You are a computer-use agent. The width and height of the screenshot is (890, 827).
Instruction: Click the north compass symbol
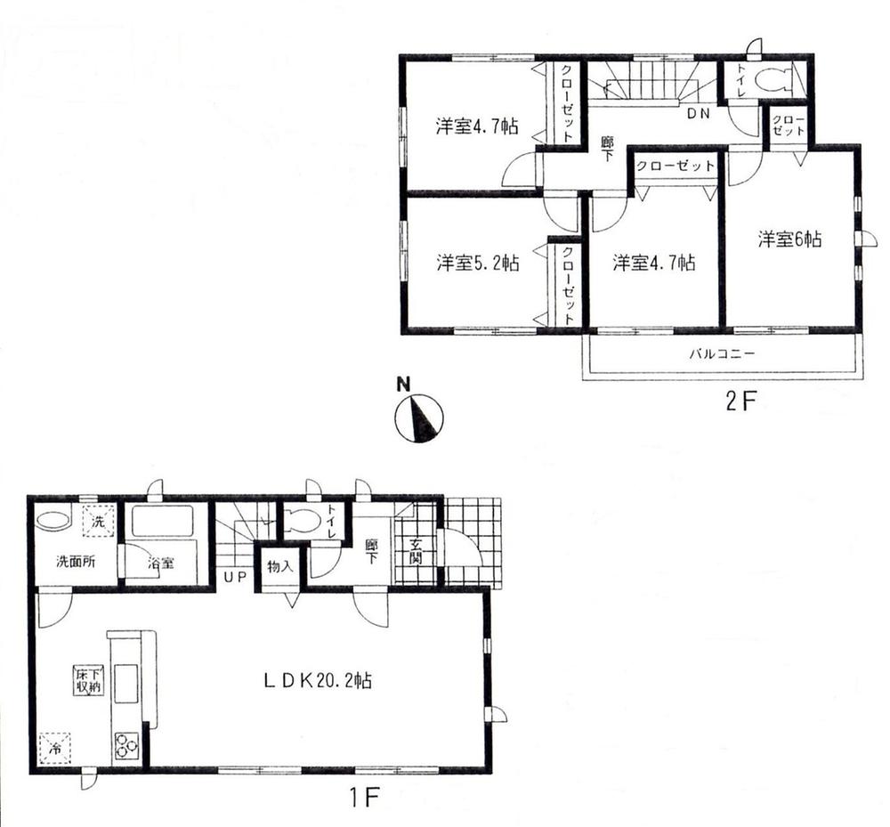418,418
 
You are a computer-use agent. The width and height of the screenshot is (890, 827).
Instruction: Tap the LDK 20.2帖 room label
317,682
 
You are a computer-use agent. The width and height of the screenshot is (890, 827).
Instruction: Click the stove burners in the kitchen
125,743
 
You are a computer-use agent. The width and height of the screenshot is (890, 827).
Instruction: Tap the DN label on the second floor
697,113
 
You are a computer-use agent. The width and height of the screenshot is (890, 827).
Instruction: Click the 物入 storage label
281,567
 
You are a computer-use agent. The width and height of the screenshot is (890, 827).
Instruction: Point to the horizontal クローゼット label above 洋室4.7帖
675,166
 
